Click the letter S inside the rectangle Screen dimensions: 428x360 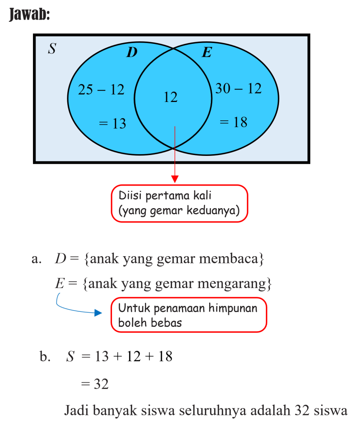pyautogui.click(x=52, y=49)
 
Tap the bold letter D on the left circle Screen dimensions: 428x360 pyautogui.click(x=132, y=53)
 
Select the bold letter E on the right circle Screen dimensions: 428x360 pyautogui.click(x=207, y=53)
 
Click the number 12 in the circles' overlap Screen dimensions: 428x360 pyautogui.click(x=170, y=97)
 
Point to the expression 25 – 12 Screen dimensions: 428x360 pyautogui.click(x=101, y=89)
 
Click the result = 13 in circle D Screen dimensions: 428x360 pyautogui.click(x=112, y=124)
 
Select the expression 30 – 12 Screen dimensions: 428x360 pyautogui.click(x=238, y=89)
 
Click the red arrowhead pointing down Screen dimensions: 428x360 pyautogui.click(x=175, y=179)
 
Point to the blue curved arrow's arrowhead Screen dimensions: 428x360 pyautogui.click(x=99, y=313)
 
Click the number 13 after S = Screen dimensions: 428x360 pyautogui.click(x=101, y=357)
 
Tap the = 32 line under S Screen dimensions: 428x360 pyautogui.click(x=95, y=384)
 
